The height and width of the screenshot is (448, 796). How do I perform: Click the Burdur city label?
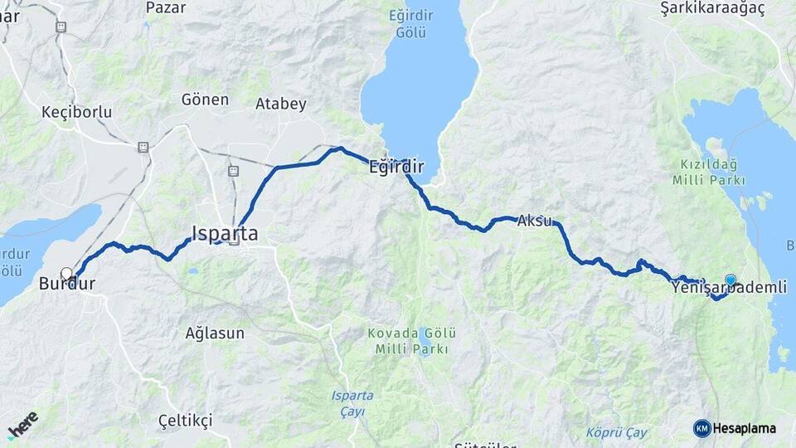click(x=66, y=285)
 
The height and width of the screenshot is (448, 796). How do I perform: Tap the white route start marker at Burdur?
click(x=66, y=273)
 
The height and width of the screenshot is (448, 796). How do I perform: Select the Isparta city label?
click(x=225, y=234)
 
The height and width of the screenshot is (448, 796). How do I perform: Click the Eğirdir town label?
click(x=396, y=168)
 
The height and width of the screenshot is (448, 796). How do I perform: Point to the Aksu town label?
click(x=535, y=222)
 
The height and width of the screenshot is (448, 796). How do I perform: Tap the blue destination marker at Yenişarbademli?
click(x=730, y=280)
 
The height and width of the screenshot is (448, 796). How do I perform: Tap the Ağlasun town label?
click(x=215, y=334)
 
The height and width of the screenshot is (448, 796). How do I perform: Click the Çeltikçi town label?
click(x=186, y=421)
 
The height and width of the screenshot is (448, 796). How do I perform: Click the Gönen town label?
click(x=205, y=100)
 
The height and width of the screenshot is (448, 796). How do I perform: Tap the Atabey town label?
click(x=280, y=105)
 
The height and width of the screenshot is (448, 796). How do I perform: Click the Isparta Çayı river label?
click(x=352, y=402)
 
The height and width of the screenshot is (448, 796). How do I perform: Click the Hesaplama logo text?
click(x=744, y=428)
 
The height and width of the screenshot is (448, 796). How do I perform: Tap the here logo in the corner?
click(x=22, y=425)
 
